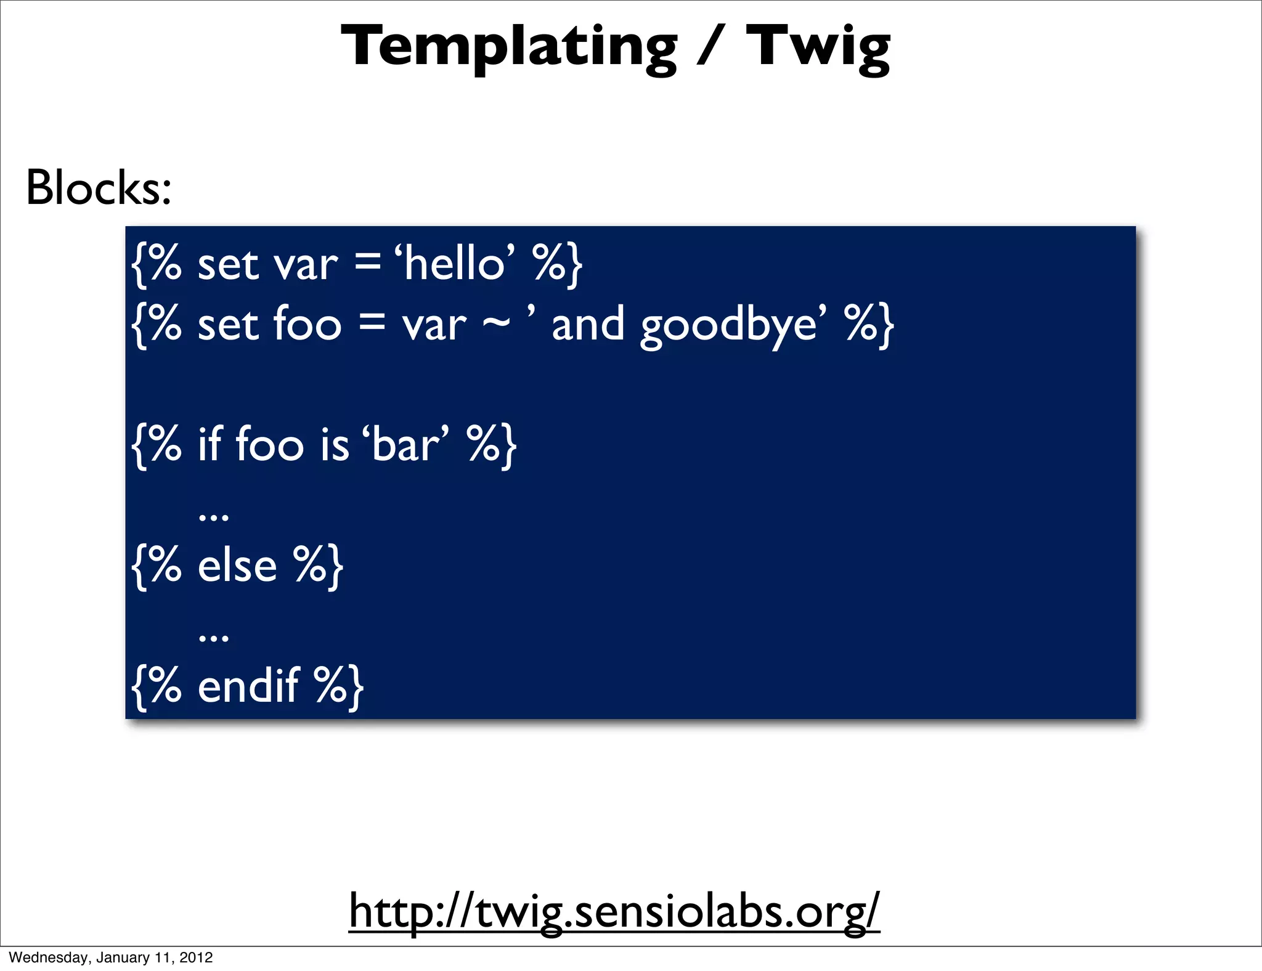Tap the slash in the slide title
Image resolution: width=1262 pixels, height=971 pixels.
coord(711,47)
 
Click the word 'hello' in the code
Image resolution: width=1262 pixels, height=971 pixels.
coord(455,264)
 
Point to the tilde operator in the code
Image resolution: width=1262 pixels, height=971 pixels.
coord(496,325)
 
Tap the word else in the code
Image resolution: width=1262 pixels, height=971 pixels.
coord(237,566)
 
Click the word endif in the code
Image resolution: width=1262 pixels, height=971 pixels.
coord(248,686)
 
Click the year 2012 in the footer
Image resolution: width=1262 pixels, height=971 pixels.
coord(197,957)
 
